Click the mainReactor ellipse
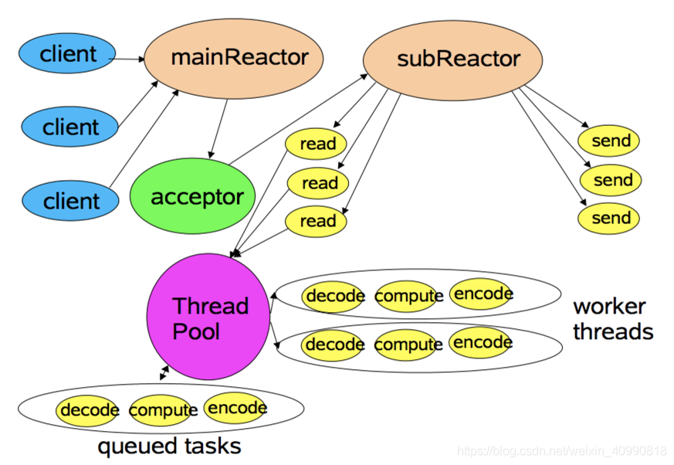(x=233, y=59)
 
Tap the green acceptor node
(x=192, y=196)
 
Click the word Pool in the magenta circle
(x=196, y=331)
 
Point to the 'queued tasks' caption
(x=169, y=446)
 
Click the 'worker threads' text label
(x=613, y=319)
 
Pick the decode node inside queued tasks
(x=88, y=410)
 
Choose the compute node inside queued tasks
(x=163, y=410)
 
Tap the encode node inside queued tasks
(x=236, y=408)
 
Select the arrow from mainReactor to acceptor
(x=218, y=129)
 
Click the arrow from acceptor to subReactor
(x=298, y=119)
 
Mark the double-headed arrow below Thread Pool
(x=164, y=373)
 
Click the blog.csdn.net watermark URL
(x=562, y=451)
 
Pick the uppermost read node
(x=316, y=144)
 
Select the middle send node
(x=611, y=180)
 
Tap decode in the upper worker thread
(x=334, y=296)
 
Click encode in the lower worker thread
(x=482, y=342)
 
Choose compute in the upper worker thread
(x=408, y=296)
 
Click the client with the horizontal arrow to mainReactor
(x=67, y=53)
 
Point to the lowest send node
(x=608, y=219)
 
